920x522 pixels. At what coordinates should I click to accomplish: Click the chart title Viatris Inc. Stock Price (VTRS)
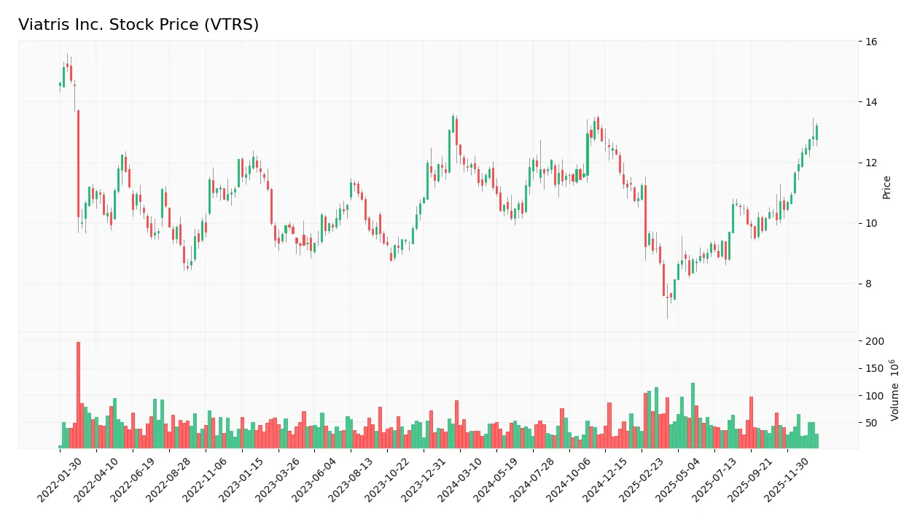[139, 25]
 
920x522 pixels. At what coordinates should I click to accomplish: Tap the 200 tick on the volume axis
[875, 341]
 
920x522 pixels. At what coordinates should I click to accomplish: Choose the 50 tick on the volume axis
[872, 423]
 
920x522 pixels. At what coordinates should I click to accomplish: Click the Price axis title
[887, 187]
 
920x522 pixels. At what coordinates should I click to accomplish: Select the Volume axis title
[895, 390]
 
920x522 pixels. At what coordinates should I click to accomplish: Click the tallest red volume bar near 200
[78, 394]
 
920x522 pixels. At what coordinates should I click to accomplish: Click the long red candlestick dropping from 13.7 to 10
[78, 164]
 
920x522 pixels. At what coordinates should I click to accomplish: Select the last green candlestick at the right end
[816, 132]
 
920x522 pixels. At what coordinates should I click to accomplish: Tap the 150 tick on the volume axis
[875, 368]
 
